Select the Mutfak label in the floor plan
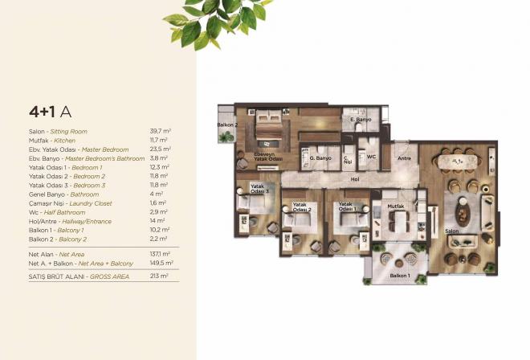tap(396, 206)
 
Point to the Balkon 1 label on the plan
tap(400, 276)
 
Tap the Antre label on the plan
tap(405, 158)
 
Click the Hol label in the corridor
tap(354, 179)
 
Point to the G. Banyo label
tap(321, 158)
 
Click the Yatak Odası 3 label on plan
tap(259, 190)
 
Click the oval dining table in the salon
tap(459, 162)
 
